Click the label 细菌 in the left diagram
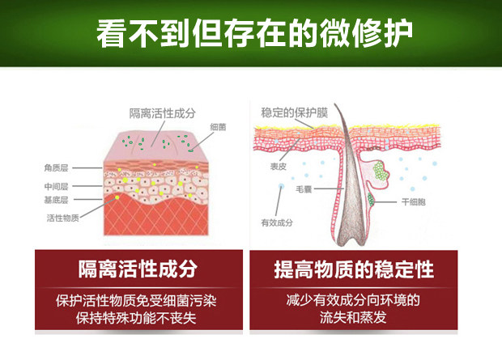pos(217,128)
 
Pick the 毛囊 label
pos(304,188)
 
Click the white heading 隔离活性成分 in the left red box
pos(138,269)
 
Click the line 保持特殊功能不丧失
pos(138,319)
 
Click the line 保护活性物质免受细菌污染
pos(138,301)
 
